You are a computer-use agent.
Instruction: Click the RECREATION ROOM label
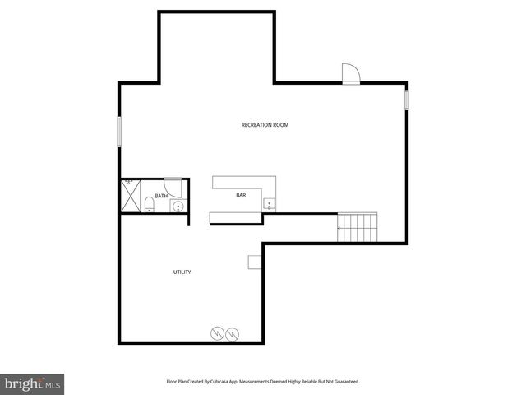pyautogui.click(x=265, y=125)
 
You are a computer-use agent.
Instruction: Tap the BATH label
pyautogui.click(x=161, y=196)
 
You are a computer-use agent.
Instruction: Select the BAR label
pyautogui.click(x=241, y=195)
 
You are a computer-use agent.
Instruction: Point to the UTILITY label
pyautogui.click(x=182, y=272)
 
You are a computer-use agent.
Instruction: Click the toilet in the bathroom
pyautogui.click(x=149, y=204)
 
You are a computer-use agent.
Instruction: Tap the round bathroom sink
pyautogui.click(x=177, y=206)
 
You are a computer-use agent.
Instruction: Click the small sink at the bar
pyautogui.click(x=269, y=203)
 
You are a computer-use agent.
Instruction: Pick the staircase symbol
pyautogui.click(x=358, y=226)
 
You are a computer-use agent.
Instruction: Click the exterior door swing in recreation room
pyautogui.click(x=351, y=74)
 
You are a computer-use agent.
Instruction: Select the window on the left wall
pyautogui.click(x=119, y=132)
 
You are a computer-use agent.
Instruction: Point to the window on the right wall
pyautogui.click(x=406, y=99)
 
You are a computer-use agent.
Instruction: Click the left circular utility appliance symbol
pyautogui.click(x=218, y=333)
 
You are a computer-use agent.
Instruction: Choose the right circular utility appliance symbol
pyautogui.click(x=233, y=333)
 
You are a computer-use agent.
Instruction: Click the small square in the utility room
pyautogui.click(x=255, y=262)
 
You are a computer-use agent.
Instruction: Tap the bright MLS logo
pyautogui.click(x=33, y=383)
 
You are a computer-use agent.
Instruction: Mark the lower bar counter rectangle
pyautogui.click(x=237, y=218)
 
